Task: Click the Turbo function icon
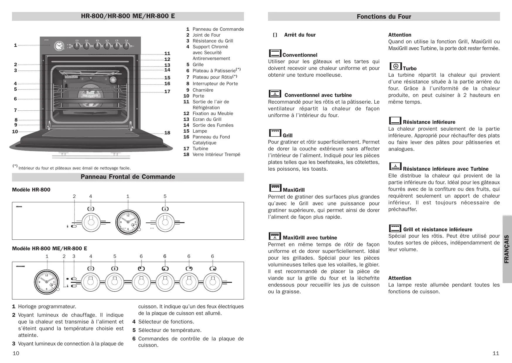pos(395,66)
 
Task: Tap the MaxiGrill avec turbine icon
pos(275,236)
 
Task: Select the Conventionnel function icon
pos(275,53)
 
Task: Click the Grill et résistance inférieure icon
pos(395,228)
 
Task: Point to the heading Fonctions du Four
pos(384,17)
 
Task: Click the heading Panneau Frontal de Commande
pos(128,177)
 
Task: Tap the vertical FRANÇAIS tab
pos(507,249)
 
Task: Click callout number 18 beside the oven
pos(167,133)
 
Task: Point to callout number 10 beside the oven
pos(15,132)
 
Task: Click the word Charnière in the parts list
pos(203,90)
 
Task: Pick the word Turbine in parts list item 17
pos(200,149)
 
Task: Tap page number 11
pos(496,353)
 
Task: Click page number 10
pos(16,353)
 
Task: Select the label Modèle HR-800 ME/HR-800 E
pos(50,249)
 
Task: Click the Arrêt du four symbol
pos(275,35)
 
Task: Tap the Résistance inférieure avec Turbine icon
pos(395,167)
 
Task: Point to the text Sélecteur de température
pos(170,330)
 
